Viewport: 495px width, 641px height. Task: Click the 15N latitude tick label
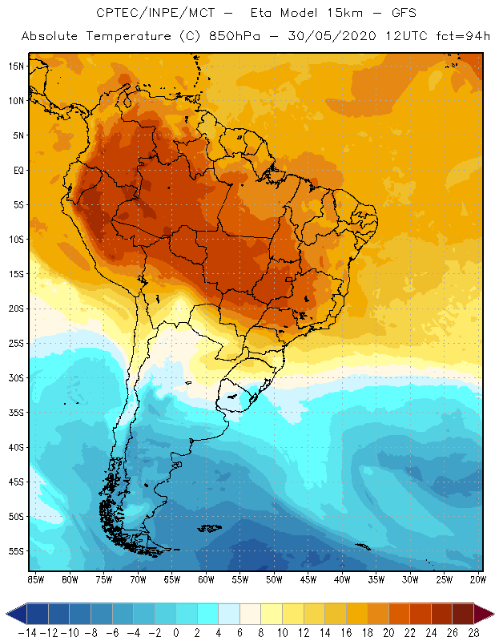pyautogui.click(x=17, y=66)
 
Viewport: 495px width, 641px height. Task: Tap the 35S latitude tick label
pyautogui.click(x=17, y=413)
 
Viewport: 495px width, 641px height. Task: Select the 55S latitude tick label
pyautogui.click(x=17, y=551)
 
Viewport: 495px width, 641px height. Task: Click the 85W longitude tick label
pyautogui.click(x=35, y=579)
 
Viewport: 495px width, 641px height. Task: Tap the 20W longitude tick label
pyautogui.click(x=477, y=579)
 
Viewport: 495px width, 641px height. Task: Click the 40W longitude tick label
pyautogui.click(x=341, y=579)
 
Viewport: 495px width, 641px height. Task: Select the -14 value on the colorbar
pyautogui.click(x=26, y=632)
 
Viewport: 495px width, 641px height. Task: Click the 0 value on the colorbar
pyautogui.click(x=175, y=632)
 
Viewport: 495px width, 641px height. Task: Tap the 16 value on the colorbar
pyautogui.click(x=346, y=632)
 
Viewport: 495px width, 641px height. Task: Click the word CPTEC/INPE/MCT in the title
pyautogui.click(x=144, y=14)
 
